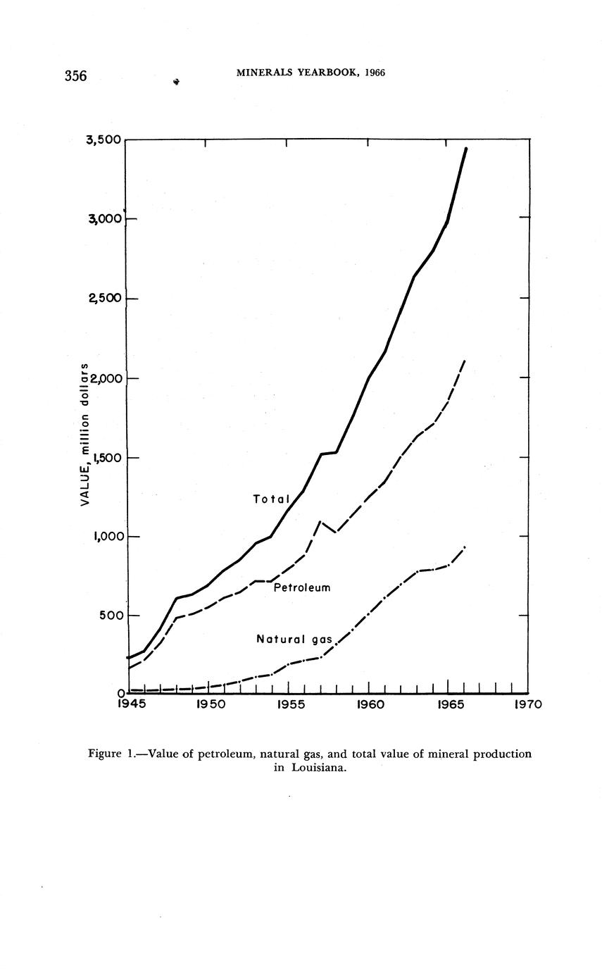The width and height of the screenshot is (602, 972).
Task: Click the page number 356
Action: click(x=75, y=76)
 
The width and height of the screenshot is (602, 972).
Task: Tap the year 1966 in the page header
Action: click(x=375, y=73)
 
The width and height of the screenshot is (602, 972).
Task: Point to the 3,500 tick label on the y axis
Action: click(x=104, y=140)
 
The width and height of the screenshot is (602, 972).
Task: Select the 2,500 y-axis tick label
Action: click(x=104, y=299)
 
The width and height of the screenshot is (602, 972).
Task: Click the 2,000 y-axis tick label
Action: click(x=104, y=378)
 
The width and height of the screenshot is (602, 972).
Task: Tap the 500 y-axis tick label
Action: click(x=109, y=616)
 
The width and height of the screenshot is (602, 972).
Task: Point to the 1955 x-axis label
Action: click(x=289, y=704)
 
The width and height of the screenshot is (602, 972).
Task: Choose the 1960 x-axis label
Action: click(x=370, y=704)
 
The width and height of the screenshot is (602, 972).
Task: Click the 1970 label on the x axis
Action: click(x=527, y=704)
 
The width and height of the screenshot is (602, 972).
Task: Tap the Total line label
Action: click(x=271, y=499)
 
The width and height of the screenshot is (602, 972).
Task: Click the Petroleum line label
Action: click(x=301, y=587)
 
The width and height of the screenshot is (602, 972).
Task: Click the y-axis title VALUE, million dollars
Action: click(x=84, y=434)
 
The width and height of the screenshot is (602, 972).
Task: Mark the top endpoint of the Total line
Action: click(x=465, y=149)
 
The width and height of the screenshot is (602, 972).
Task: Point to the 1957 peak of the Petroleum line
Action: click(x=321, y=521)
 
